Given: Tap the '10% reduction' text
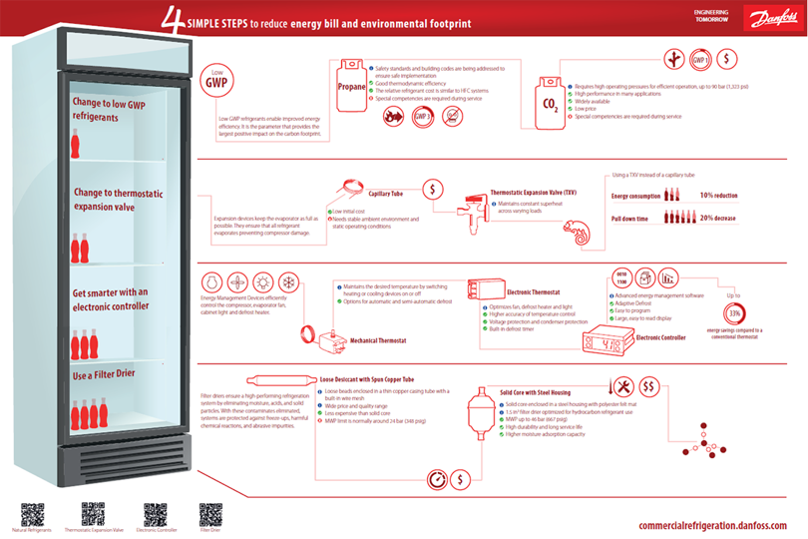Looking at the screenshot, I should point(718,196).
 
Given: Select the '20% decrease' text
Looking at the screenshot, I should point(718,218).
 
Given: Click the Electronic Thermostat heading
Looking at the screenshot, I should point(534,292).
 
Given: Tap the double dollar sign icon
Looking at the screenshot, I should point(647,386).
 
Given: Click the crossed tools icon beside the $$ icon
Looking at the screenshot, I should point(623,386).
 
